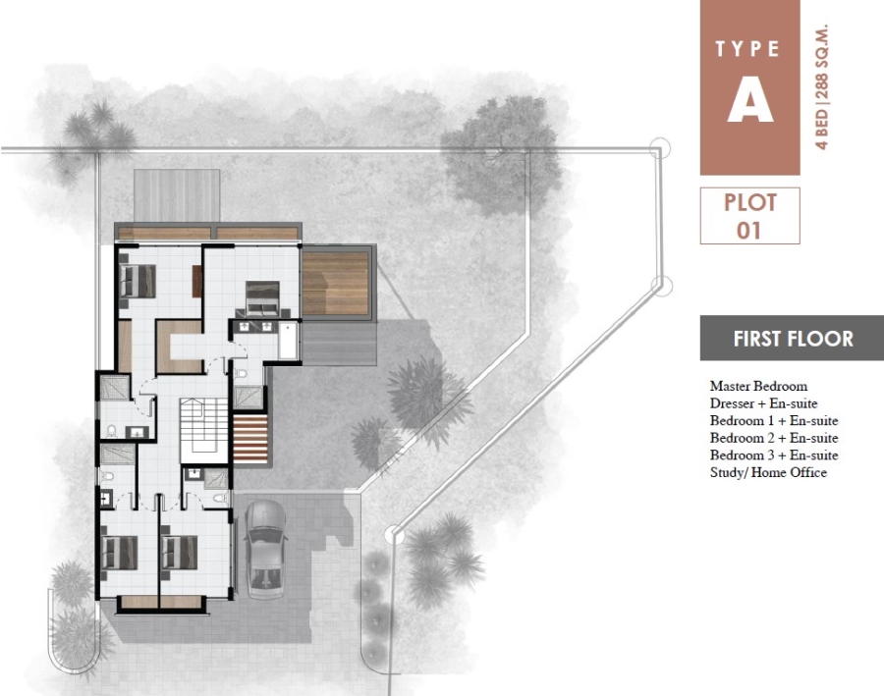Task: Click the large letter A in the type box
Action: (x=749, y=100)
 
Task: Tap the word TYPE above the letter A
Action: (x=747, y=49)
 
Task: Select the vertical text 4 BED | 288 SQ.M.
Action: (x=822, y=86)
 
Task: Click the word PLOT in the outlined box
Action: (x=749, y=203)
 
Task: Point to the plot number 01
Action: (x=748, y=231)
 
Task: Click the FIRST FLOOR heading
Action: (x=794, y=339)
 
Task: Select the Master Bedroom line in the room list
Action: (x=758, y=386)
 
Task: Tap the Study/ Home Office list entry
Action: (x=768, y=472)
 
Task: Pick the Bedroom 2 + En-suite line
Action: (x=774, y=438)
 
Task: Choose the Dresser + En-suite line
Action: (x=763, y=403)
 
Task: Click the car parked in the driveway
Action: (x=265, y=550)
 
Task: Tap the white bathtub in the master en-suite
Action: (x=288, y=341)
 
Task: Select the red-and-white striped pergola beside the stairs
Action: (x=250, y=439)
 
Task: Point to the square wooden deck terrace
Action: (x=336, y=284)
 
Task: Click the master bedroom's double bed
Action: (x=262, y=298)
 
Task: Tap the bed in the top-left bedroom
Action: (x=138, y=281)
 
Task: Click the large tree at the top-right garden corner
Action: (x=500, y=156)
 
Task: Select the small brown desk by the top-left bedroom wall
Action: (x=196, y=281)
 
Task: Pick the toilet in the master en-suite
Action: (x=241, y=373)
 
